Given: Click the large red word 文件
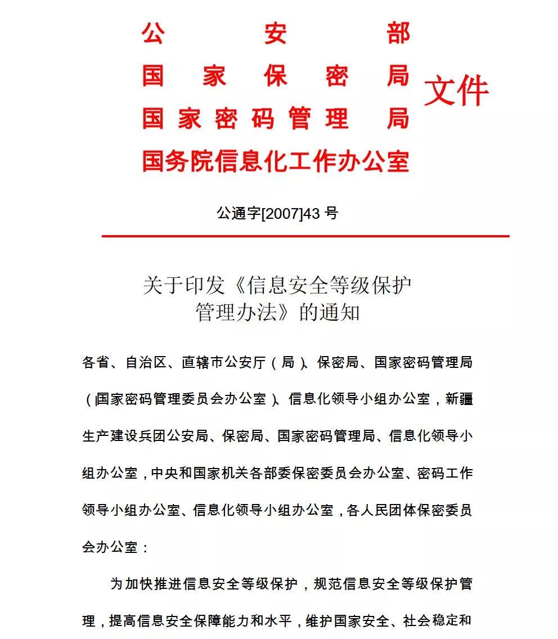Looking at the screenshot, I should point(456,92).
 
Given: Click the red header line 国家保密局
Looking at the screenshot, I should point(275,76).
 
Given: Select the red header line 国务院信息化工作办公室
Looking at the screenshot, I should point(275,161).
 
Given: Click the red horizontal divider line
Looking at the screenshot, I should point(305,236).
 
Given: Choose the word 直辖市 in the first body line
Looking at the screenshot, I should point(202,362).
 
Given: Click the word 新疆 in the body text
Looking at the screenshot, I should point(459,399).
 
